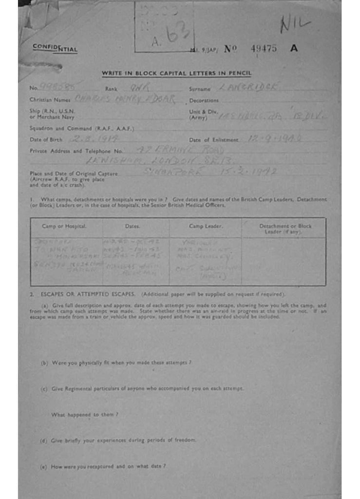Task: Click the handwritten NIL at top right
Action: (x=295, y=24)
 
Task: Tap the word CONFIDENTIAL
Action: (x=55, y=48)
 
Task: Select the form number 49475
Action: (x=264, y=48)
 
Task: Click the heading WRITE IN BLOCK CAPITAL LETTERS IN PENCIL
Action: (x=176, y=74)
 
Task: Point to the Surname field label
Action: (x=200, y=89)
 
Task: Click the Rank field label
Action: (x=111, y=89)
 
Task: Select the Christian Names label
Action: (x=51, y=100)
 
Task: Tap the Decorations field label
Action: (x=204, y=100)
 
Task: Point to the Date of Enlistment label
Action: (x=213, y=140)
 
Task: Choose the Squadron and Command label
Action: (x=81, y=129)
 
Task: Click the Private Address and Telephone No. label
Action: (x=76, y=151)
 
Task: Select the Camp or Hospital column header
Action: (x=64, y=226)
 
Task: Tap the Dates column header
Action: (x=133, y=226)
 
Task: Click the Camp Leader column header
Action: (x=206, y=226)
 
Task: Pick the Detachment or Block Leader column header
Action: (x=285, y=229)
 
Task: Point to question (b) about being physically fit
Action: (x=115, y=363)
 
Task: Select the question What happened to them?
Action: (x=85, y=415)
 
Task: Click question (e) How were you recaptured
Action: (x=103, y=466)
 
